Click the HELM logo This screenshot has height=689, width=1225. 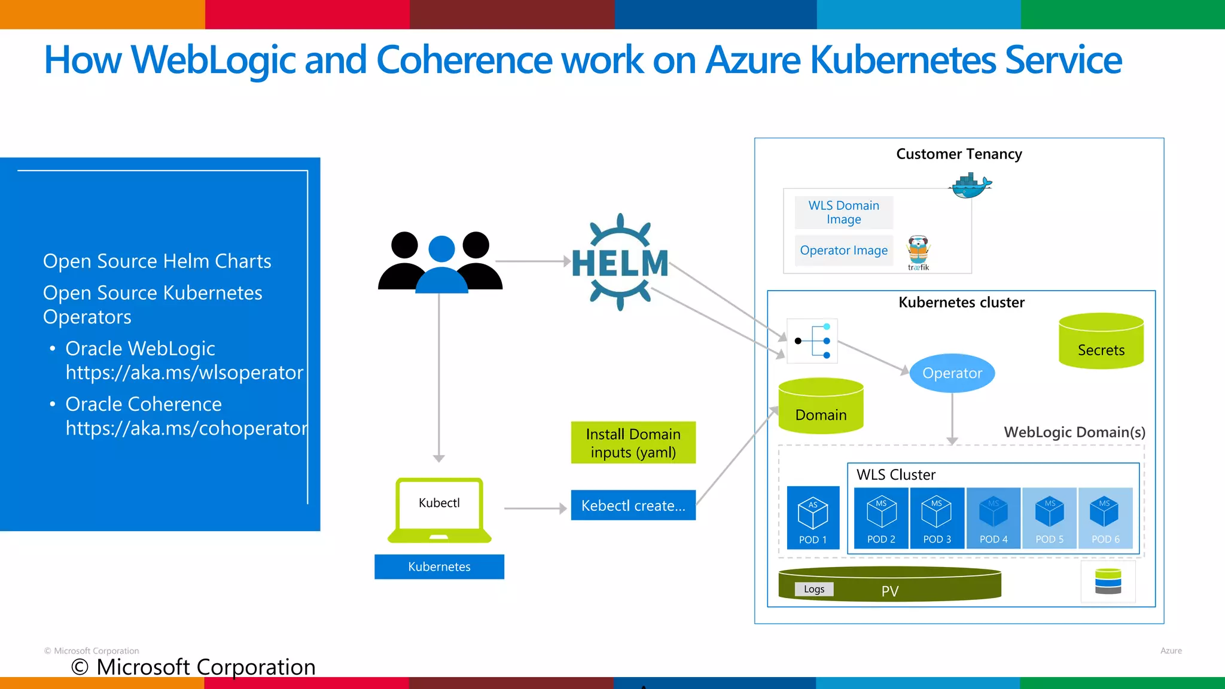620,263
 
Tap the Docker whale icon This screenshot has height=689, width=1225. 969,186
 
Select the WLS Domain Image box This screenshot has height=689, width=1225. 843,212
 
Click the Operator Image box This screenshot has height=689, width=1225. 843,251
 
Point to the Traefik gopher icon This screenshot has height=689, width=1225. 918,251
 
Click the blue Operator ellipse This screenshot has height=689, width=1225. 952,373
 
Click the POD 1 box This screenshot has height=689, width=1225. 813,518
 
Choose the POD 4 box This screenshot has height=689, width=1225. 993,518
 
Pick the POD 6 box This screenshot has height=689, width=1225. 1105,518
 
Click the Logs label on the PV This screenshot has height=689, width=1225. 813,589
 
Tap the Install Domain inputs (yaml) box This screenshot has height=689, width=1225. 633,443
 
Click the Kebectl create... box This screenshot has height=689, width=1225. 633,505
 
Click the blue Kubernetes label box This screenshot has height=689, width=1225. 439,566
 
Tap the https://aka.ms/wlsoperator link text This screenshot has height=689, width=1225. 184,373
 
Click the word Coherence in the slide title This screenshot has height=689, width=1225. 509,60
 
